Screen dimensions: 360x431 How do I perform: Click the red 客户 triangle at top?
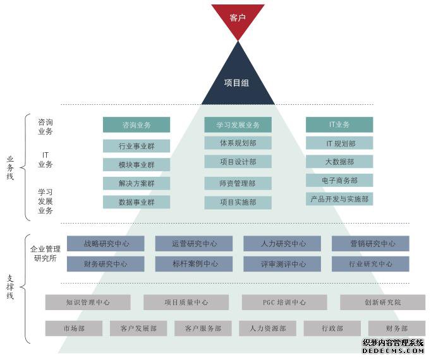click(238, 18)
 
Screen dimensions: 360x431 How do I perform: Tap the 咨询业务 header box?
click(137, 125)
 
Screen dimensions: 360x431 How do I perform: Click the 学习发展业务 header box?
click(238, 125)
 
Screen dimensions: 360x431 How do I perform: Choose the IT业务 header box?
click(339, 124)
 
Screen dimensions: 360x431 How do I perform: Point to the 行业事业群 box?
click(137, 146)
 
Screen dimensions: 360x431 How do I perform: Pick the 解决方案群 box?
click(137, 184)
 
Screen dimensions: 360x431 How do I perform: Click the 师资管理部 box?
click(238, 183)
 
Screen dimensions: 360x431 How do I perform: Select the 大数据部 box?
click(339, 162)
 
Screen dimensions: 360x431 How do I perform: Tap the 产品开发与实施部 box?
click(339, 199)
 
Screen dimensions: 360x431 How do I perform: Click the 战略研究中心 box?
click(106, 243)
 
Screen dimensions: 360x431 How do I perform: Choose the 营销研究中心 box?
click(370, 243)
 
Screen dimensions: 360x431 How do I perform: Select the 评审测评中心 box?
click(282, 264)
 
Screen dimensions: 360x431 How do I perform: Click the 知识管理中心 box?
click(88, 303)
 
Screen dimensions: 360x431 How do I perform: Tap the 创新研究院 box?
click(382, 303)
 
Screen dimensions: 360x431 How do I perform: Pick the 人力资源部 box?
click(267, 328)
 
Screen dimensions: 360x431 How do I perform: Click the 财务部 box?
click(397, 328)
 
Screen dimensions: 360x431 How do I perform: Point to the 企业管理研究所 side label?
click(46, 253)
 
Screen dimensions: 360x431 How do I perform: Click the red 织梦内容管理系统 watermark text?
click(392, 343)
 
